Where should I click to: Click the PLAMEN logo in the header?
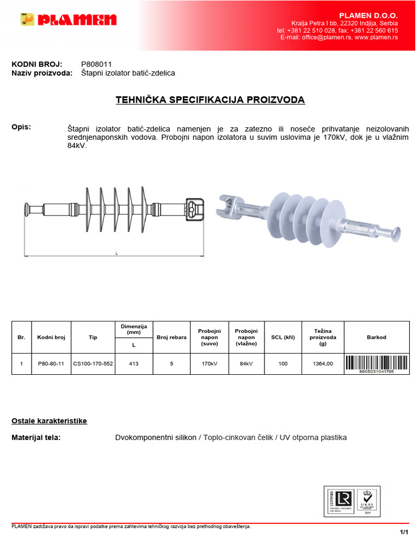(x=69, y=20)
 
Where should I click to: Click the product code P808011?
(x=96, y=64)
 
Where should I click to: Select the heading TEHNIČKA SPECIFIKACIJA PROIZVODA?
(x=210, y=100)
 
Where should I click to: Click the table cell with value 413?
(x=133, y=364)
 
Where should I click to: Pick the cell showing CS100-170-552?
(x=93, y=364)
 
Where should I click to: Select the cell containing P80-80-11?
(x=51, y=364)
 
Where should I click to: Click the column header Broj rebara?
(x=171, y=337)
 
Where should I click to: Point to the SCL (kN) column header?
(x=283, y=337)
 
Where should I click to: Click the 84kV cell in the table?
(x=246, y=364)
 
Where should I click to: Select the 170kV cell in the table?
(x=209, y=364)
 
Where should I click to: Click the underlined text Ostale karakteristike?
(x=49, y=421)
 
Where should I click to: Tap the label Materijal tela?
(x=36, y=437)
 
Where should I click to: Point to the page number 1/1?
(x=403, y=532)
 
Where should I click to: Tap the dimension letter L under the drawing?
(x=116, y=253)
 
